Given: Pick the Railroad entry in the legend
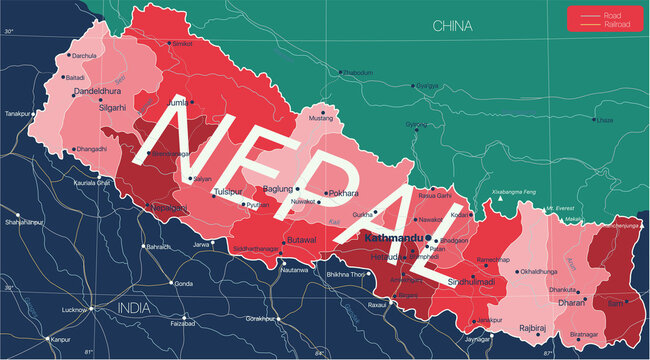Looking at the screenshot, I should pos(615,25).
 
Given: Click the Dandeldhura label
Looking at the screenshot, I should pos(96,92).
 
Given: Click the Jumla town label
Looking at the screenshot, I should pos(176,102).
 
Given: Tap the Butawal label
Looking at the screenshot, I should pos(301,241).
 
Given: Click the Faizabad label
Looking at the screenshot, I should pos(183,323).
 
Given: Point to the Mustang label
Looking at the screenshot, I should pos(319,119).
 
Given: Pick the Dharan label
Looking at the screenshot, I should pos(571,301).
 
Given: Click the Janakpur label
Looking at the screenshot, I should pos(488,320).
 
